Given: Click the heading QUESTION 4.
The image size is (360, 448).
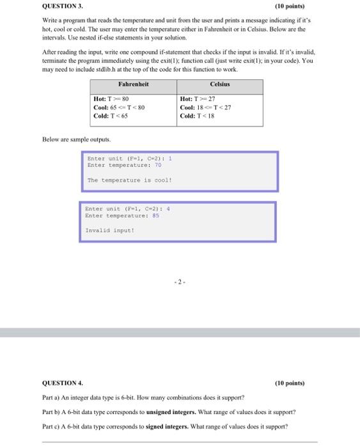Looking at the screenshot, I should tap(63, 383).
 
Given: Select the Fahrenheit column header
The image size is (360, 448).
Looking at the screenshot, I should tap(133, 84).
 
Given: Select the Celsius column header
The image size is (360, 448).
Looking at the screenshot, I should tap(220, 84).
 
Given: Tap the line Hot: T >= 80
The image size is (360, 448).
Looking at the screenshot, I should tap(112, 99).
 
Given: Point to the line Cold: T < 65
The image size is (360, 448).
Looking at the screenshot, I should tap(111, 116).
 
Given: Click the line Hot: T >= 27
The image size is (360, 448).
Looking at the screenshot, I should tap(200, 99).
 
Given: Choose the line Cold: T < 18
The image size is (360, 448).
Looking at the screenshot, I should tap(198, 116).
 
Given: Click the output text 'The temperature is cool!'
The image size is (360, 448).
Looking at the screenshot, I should tap(129, 180).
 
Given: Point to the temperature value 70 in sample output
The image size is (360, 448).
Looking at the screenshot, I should tap(159, 165).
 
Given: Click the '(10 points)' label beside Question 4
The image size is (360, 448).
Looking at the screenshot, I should tap(292, 383).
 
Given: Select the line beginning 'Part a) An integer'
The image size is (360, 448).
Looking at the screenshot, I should tap(148, 397).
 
